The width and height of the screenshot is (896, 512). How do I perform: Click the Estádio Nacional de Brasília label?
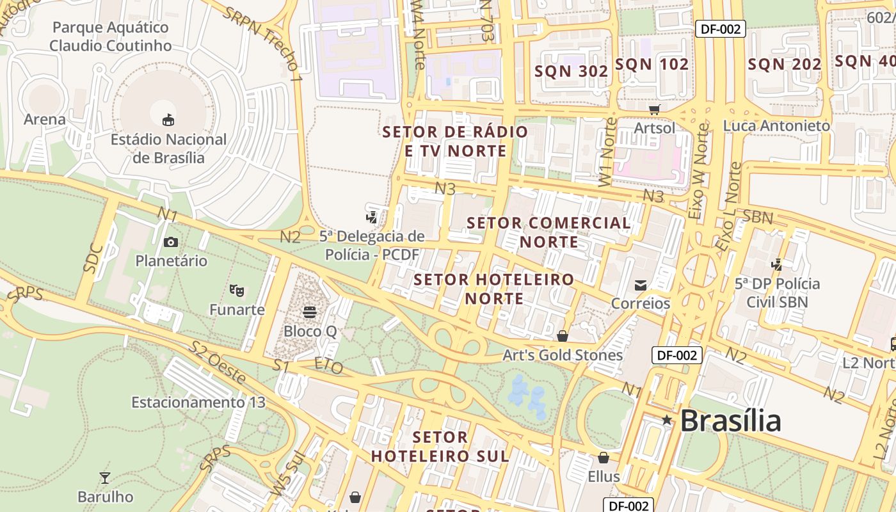(x=169, y=148)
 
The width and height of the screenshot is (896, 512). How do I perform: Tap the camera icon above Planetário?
(x=170, y=242)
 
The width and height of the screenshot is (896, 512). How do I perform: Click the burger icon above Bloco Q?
(x=310, y=312)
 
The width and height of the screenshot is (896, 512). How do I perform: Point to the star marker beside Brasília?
(x=667, y=420)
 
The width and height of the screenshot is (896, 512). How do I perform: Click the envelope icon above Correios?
(x=640, y=285)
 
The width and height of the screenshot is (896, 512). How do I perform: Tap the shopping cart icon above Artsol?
(x=654, y=109)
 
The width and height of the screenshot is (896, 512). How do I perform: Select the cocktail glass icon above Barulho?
(x=105, y=477)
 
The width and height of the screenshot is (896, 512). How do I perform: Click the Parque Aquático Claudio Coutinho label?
(x=111, y=36)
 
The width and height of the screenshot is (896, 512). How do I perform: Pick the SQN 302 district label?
(x=572, y=71)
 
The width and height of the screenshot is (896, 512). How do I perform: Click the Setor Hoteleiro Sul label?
(x=440, y=447)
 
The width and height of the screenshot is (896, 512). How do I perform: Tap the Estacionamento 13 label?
(x=198, y=403)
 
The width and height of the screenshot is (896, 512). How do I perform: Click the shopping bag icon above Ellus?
(x=603, y=458)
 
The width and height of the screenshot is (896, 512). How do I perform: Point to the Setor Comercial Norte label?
(x=548, y=232)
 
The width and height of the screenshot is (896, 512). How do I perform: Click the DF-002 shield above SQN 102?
(x=721, y=28)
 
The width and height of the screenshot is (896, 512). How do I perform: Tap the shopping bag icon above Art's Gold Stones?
(x=562, y=336)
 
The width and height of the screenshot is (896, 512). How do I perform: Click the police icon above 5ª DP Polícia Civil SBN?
(x=777, y=264)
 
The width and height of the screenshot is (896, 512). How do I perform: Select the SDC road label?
(x=93, y=259)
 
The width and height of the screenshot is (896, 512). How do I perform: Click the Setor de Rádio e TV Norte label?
(x=455, y=141)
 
